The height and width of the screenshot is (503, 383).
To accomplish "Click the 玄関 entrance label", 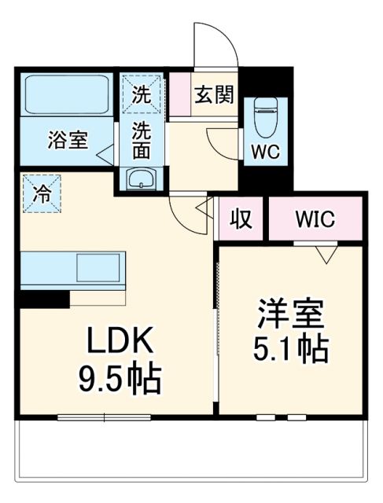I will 214,95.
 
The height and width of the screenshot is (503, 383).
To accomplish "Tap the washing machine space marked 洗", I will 142,95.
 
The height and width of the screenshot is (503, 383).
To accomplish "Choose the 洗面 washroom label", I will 142,140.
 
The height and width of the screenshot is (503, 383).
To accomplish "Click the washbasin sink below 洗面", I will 142,178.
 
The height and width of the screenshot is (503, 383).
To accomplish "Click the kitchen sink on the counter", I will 98,270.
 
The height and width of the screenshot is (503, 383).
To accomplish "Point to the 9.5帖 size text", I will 120,381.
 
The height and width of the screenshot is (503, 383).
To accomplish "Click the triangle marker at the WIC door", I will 325,254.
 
